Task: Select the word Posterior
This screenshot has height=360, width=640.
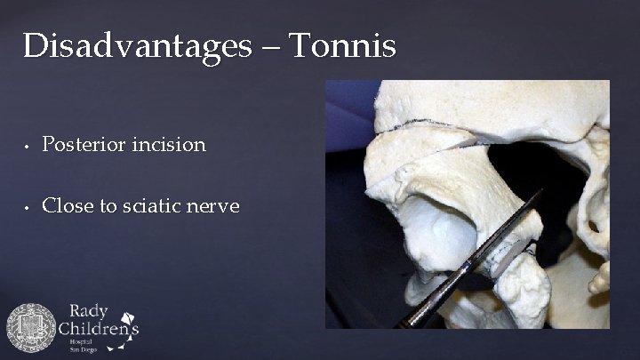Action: point(84,144)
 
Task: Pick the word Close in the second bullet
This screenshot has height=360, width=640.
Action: point(65,206)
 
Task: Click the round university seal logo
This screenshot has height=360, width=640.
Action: point(31,328)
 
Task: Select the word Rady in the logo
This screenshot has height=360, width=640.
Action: point(87,312)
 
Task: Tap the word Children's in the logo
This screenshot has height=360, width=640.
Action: point(99,328)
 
